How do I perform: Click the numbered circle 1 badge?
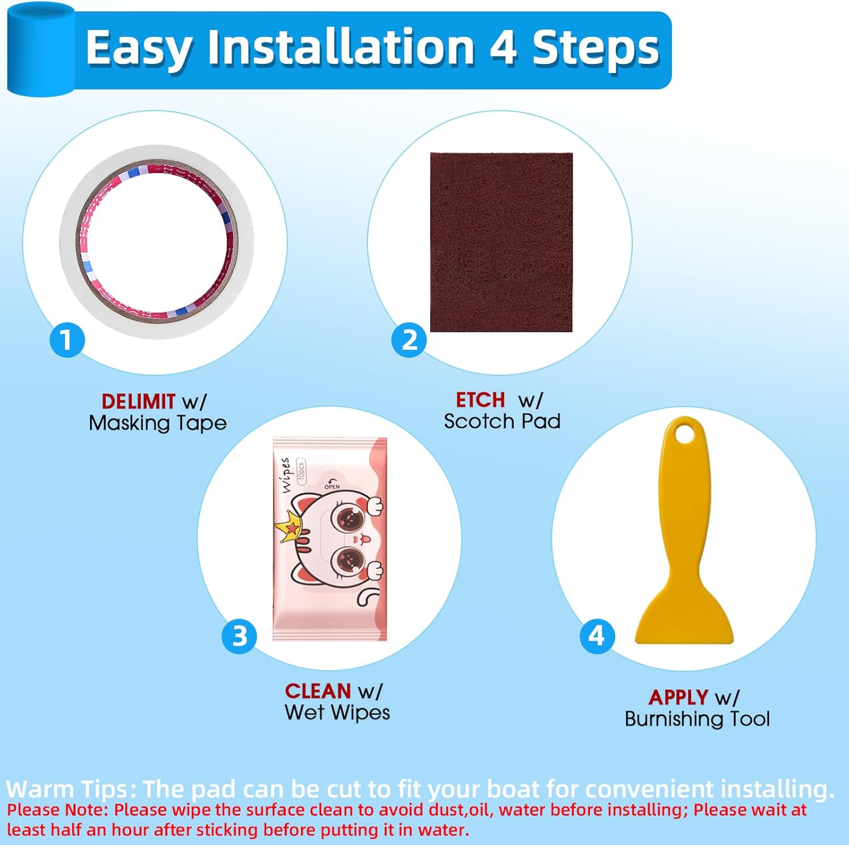(67, 340)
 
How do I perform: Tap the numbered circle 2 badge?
(409, 340)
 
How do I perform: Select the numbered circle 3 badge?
(239, 636)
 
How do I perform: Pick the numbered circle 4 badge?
(597, 636)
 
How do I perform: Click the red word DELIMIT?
(138, 401)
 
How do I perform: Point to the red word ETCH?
(481, 400)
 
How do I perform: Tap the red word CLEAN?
(318, 691)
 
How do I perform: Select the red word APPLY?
(679, 698)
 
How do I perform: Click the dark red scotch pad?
(501, 242)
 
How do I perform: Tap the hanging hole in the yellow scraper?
(685, 435)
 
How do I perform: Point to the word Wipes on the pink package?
(286, 475)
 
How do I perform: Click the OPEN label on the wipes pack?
(332, 487)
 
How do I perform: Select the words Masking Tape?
(158, 423)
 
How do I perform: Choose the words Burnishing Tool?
(697, 719)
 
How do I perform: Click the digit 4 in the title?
(503, 48)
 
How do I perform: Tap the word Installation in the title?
(341, 48)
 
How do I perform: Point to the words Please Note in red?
(57, 810)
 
